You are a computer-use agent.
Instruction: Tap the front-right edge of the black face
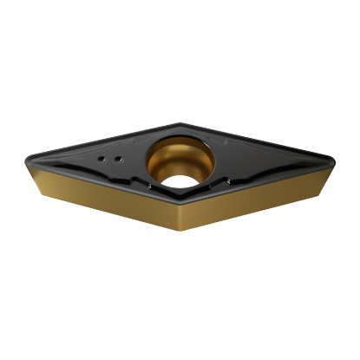(260, 184)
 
